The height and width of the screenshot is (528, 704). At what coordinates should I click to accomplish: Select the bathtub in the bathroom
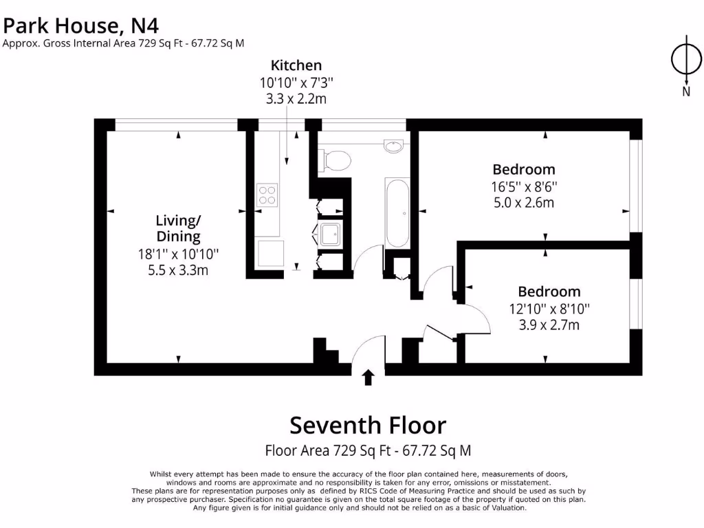[x=397, y=213]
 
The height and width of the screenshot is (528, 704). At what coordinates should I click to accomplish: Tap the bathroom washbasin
[x=393, y=146]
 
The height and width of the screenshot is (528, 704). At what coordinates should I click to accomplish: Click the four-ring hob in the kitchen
[x=267, y=195]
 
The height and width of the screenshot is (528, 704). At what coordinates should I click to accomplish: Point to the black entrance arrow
[x=368, y=377]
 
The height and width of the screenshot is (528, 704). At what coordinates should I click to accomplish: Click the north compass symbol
[x=685, y=59]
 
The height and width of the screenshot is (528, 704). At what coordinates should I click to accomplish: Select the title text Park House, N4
[x=81, y=26]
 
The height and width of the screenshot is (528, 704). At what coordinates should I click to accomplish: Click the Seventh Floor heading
[x=368, y=425]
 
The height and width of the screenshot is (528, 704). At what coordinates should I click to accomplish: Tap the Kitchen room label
[x=296, y=65]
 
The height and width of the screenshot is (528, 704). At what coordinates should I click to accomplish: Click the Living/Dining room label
[x=178, y=228]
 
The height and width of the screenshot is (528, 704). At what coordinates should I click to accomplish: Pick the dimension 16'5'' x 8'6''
[x=524, y=186]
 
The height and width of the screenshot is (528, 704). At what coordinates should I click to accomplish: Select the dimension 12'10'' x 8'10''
[x=549, y=309]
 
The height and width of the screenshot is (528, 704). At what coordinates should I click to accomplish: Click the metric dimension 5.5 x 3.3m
[x=178, y=270]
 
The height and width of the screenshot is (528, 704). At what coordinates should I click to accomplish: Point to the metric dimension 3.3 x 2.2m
[x=296, y=99]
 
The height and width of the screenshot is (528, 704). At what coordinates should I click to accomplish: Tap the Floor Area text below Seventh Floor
[x=368, y=451]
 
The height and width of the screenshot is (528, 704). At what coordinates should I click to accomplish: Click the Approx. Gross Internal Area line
[x=124, y=43]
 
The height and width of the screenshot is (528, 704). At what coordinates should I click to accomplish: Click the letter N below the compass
[x=685, y=91]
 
